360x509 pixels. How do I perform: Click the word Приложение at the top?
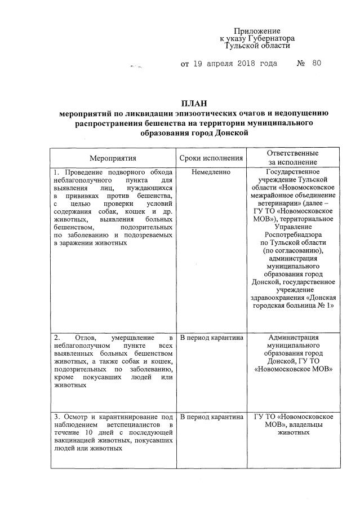pos(257,30)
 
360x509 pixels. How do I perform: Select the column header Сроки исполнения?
pos(211,158)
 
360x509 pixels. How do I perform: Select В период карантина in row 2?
pos(211,338)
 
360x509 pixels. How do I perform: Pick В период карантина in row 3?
pos(211,417)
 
